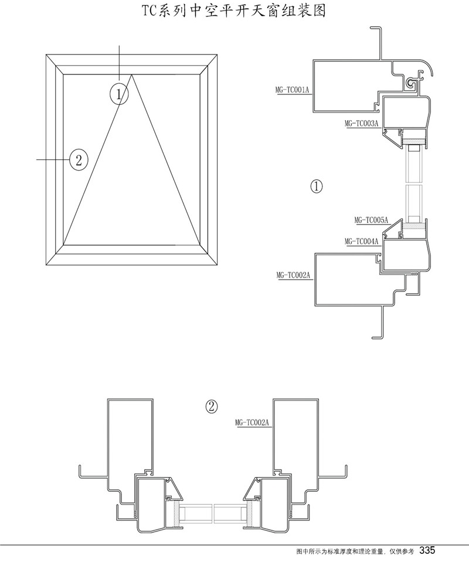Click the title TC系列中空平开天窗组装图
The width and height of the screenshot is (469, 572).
click(235, 10)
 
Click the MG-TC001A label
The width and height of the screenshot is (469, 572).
click(291, 90)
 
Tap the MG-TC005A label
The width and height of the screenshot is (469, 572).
click(371, 220)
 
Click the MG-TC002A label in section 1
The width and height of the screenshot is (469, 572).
click(293, 274)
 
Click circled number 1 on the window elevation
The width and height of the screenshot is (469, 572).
click(120, 93)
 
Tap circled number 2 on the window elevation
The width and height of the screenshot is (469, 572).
click(79, 159)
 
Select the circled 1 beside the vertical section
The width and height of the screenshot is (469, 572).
click(316, 186)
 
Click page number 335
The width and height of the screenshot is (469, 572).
click(427, 550)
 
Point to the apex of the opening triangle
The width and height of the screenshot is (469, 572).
click(132, 74)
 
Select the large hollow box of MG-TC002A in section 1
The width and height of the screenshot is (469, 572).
click(346, 280)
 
